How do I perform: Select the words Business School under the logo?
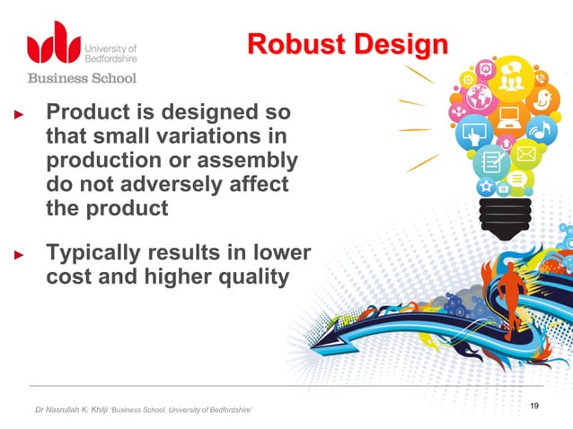(82, 78)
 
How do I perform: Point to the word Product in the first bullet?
(88, 114)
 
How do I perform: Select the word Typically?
(93, 254)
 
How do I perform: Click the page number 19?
(534, 407)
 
